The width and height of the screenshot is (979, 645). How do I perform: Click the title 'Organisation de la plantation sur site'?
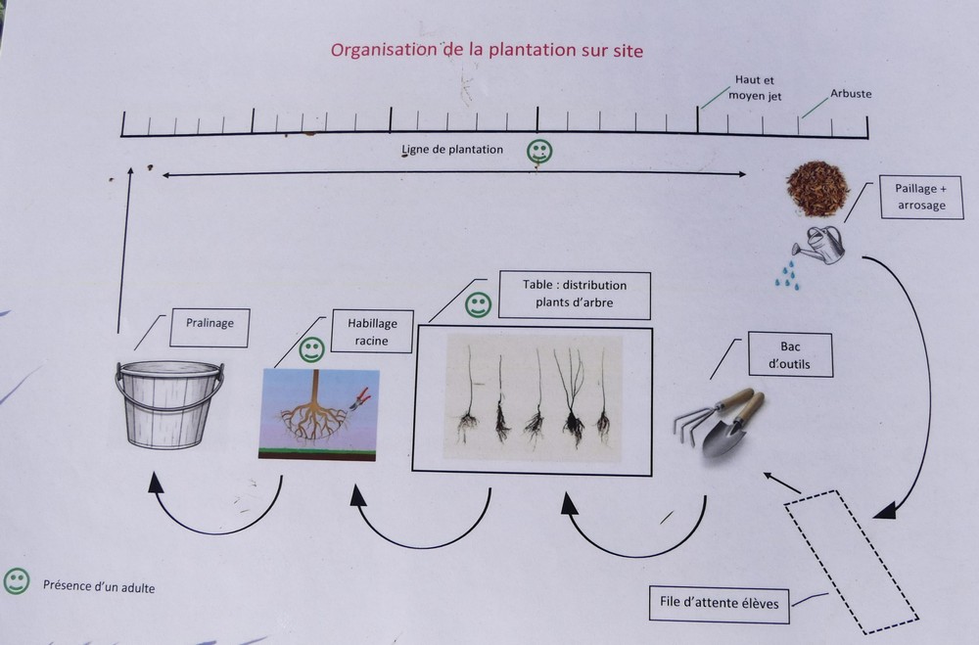click(487, 49)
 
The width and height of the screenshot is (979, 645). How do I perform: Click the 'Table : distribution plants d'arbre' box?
click(574, 295)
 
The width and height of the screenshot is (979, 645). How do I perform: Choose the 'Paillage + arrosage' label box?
click(921, 196)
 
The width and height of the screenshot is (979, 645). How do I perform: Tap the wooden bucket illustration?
click(169, 403)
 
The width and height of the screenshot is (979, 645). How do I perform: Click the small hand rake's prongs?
click(688, 424)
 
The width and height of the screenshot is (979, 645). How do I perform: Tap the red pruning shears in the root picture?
click(360, 397)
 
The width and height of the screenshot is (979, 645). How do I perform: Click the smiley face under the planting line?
click(539, 151)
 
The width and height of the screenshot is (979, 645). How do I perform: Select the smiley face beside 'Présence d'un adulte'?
click(16, 581)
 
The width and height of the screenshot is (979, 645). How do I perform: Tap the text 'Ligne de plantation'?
click(452, 150)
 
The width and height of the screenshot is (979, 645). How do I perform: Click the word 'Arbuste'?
click(850, 94)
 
